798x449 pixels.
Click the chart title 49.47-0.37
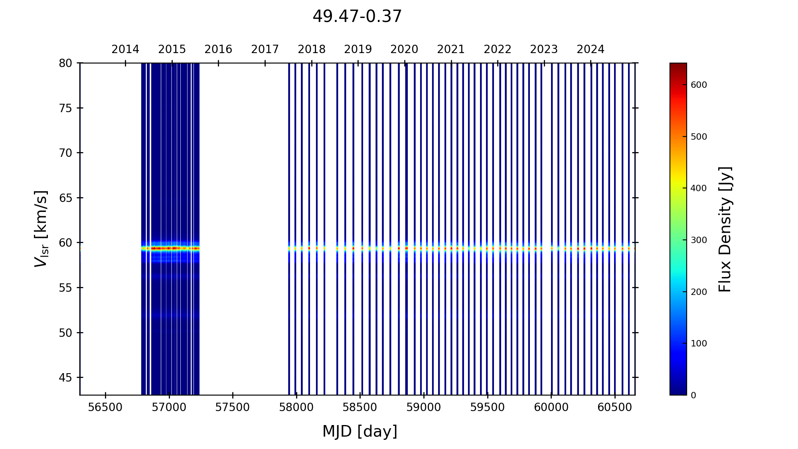(x=357, y=17)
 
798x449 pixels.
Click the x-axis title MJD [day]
(x=359, y=431)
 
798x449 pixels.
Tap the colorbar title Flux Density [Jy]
(x=725, y=229)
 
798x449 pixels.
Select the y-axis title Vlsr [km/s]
(x=41, y=229)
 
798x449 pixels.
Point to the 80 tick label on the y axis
(x=65, y=63)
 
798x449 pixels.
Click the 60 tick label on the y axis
(x=65, y=243)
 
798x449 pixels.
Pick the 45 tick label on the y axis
(x=65, y=378)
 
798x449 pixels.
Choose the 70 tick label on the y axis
(x=65, y=153)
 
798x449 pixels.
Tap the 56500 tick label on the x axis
(x=105, y=407)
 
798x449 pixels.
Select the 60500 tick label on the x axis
(x=614, y=407)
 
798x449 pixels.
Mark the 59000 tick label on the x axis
(x=424, y=407)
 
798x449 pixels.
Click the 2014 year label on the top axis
(x=125, y=49)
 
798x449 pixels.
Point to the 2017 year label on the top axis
(x=265, y=49)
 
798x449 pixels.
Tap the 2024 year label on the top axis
(x=591, y=49)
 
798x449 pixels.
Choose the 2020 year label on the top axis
(x=404, y=49)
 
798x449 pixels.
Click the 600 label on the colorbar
(x=699, y=85)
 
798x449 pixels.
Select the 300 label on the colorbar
(x=699, y=240)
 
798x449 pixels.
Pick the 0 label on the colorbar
(x=693, y=396)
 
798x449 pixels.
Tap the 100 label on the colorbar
(x=699, y=344)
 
